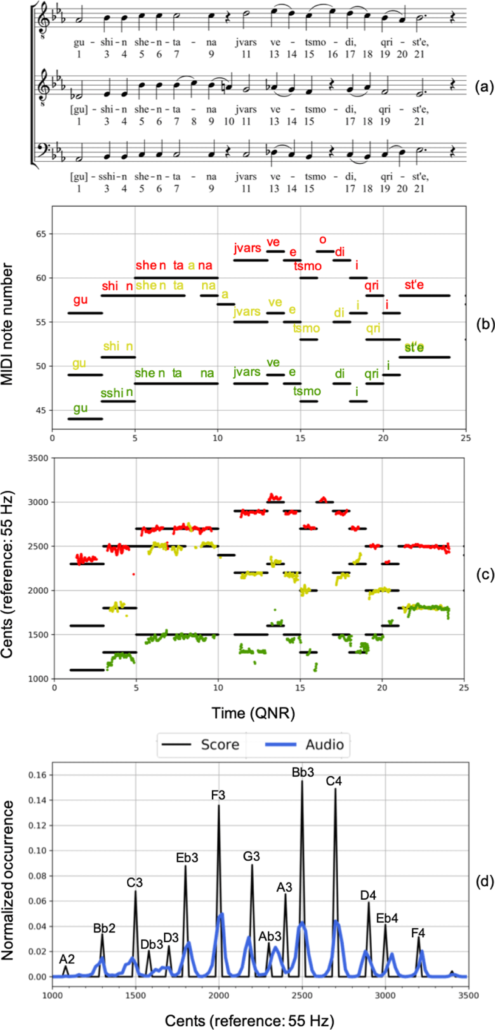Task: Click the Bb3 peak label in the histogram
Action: coord(303,772)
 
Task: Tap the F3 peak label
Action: coord(218,795)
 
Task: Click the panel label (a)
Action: coord(484,87)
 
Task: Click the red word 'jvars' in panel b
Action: coord(247,248)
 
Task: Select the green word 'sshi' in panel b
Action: coord(112,393)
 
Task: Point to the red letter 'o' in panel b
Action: coord(323,239)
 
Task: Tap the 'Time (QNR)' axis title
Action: coord(253,713)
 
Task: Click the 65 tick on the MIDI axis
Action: coord(41,234)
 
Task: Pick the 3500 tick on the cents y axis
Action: coord(38,458)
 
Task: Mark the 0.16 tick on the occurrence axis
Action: coord(37,775)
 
